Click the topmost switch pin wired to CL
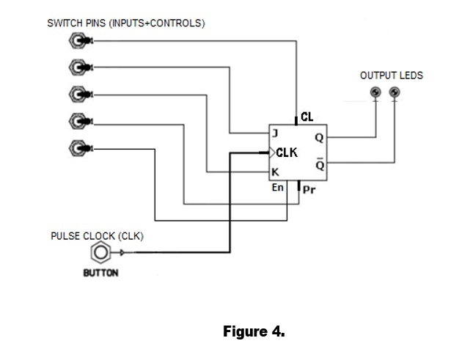coord(77,41)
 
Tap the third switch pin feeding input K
coord(77,94)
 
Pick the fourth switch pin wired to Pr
coord(77,120)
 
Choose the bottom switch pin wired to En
coord(77,147)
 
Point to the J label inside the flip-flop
coord(275,133)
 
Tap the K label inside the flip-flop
coord(275,173)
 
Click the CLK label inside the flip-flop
coord(287,153)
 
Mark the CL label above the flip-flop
coord(307,117)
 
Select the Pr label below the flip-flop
coord(309,191)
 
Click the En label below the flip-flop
coord(278,188)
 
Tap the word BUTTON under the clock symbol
coord(100,273)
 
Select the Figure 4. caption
coord(254,331)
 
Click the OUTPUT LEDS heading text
coord(391,76)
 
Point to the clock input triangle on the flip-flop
coord(271,153)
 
